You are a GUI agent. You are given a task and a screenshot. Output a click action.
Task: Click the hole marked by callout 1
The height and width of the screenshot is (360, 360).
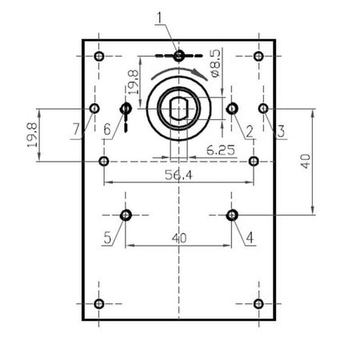pyautogui.click(x=178, y=56)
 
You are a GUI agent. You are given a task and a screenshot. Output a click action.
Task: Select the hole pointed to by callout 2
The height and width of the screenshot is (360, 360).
pyautogui.click(x=232, y=109)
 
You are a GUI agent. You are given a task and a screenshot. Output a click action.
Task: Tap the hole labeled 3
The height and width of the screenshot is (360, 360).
pyautogui.click(x=263, y=109)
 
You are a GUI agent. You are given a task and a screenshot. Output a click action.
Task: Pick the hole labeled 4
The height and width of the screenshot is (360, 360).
pyautogui.click(x=232, y=215)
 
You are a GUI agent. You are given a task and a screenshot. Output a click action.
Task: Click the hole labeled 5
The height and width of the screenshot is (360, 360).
pyautogui.click(x=126, y=215)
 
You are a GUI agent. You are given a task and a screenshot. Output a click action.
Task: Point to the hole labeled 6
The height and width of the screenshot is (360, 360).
pyautogui.click(x=126, y=109)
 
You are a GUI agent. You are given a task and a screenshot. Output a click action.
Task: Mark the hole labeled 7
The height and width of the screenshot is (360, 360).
pyautogui.click(x=94, y=109)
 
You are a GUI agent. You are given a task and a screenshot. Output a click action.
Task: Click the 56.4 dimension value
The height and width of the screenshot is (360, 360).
pyautogui.click(x=178, y=175)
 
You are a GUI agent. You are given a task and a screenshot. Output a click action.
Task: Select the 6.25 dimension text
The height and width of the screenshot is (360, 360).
pyautogui.click(x=221, y=150)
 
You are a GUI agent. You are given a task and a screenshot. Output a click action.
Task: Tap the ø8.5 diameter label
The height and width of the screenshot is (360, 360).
pyautogui.click(x=215, y=63)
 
